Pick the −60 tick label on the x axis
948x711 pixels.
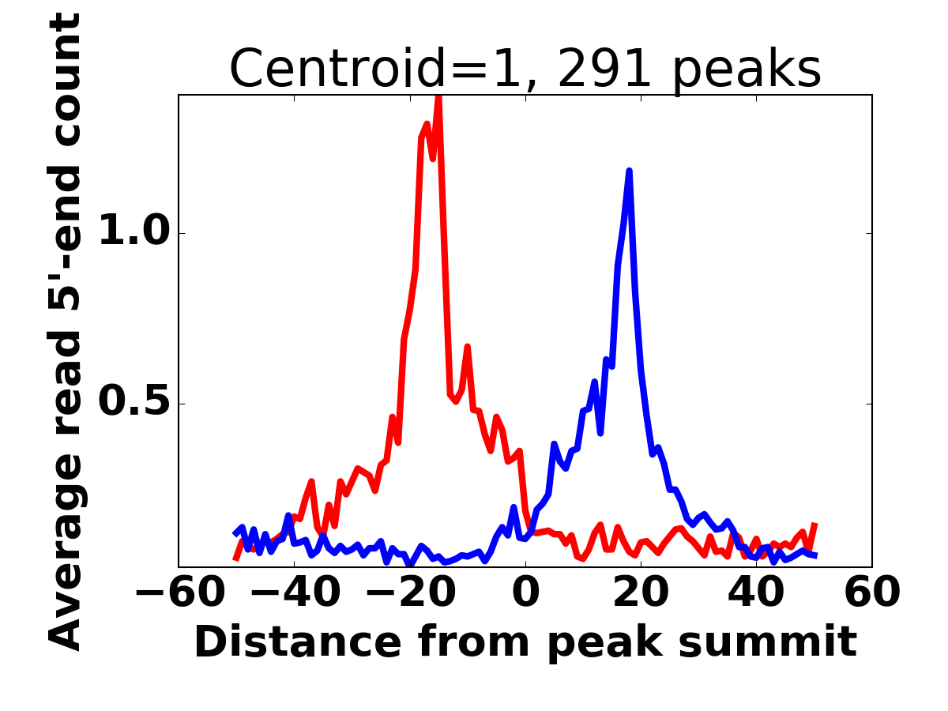point(179,592)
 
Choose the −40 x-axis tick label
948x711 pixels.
point(294,592)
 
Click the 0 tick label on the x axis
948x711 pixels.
point(525,592)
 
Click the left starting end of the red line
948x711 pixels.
point(235,559)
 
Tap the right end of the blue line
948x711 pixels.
point(814,555)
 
